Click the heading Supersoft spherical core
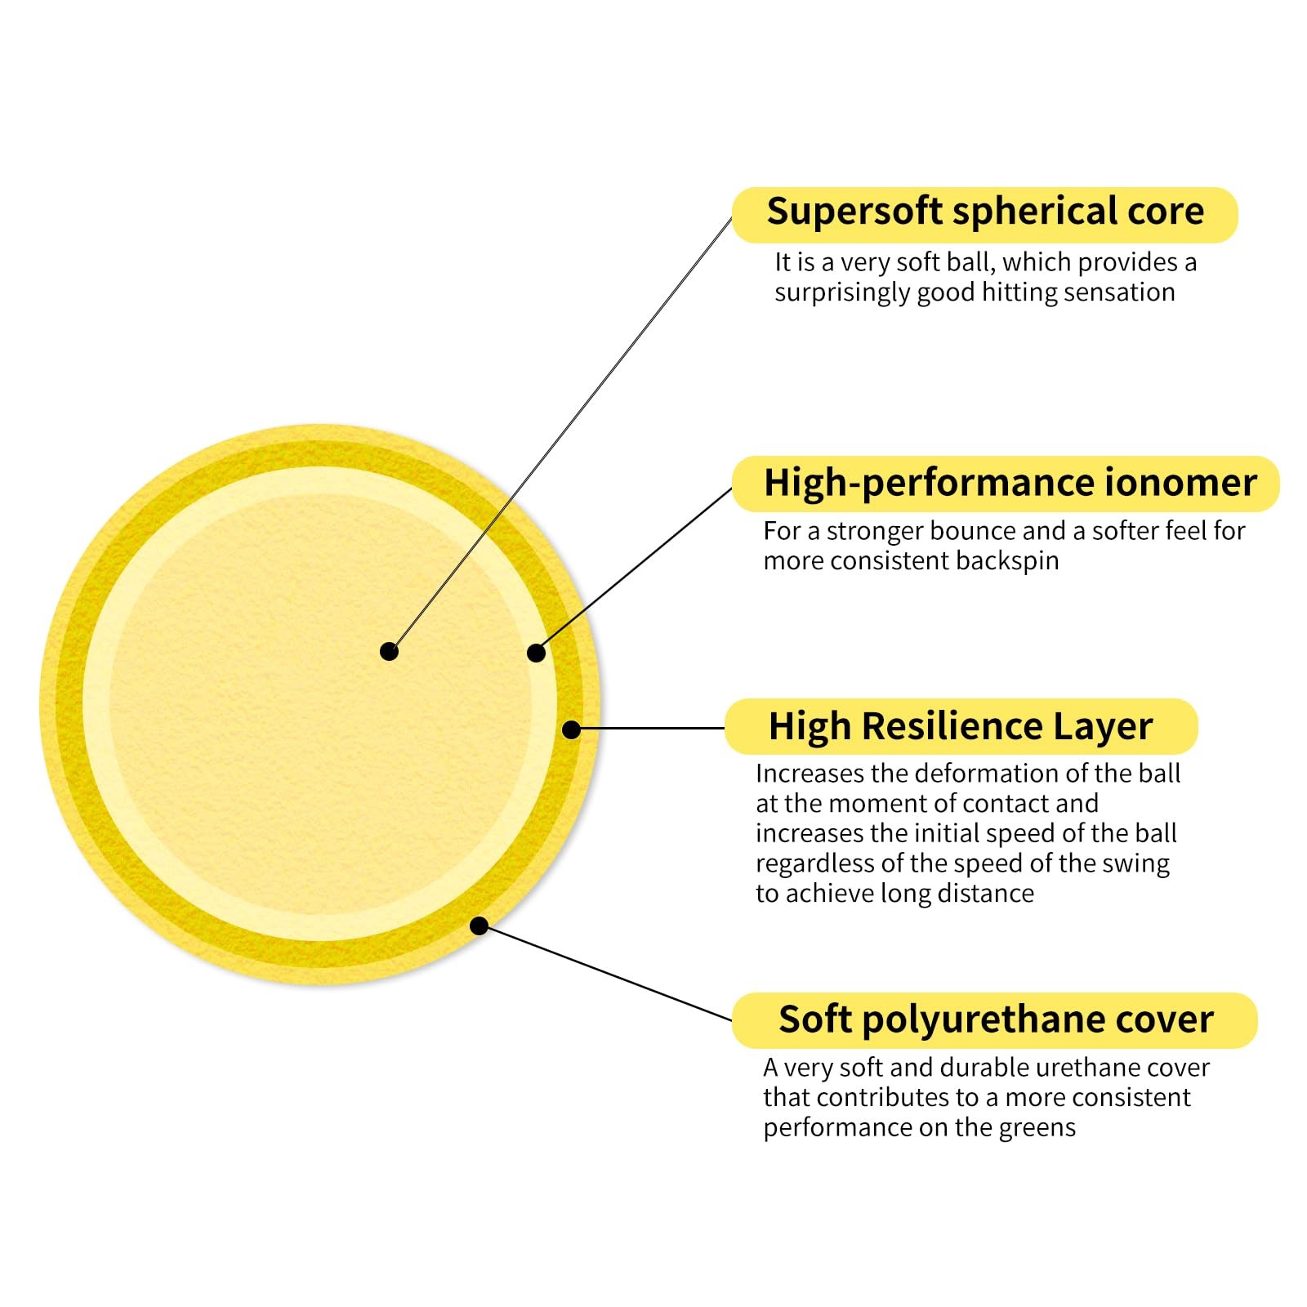(984, 212)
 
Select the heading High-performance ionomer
(1010, 483)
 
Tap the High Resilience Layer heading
(961, 726)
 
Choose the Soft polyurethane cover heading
(996, 1019)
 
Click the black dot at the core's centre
(390, 651)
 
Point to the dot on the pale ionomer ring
(536, 653)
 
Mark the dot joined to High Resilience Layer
(572, 729)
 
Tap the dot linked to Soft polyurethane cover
(480, 926)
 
